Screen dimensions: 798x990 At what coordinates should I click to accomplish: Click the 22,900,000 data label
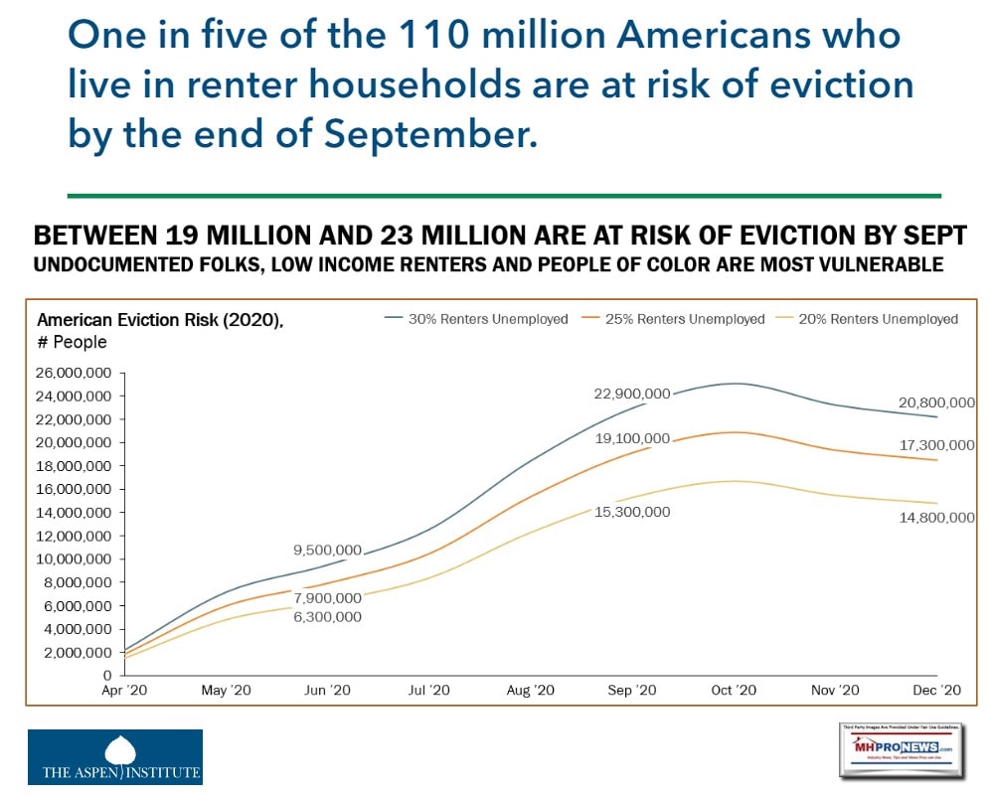[632, 394]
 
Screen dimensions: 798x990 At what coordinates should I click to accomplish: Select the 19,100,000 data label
[632, 438]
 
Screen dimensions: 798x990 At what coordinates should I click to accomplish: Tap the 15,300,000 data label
[632, 512]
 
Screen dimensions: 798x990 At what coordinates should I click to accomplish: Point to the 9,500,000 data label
[327, 550]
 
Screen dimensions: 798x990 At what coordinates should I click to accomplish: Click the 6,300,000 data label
[327, 616]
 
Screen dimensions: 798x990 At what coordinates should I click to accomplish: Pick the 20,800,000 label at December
[935, 402]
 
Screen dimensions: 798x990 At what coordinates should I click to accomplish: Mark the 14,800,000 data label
[935, 518]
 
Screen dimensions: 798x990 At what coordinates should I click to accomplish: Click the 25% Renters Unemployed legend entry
[685, 319]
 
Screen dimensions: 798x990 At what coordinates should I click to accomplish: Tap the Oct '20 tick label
[734, 690]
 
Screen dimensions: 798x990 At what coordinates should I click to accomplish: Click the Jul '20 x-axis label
[428, 690]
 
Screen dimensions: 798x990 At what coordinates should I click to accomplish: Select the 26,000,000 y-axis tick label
[75, 373]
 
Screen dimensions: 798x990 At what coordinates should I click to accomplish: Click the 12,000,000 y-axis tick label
[75, 536]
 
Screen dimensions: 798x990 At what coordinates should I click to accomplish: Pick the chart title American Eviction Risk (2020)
[165, 320]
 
